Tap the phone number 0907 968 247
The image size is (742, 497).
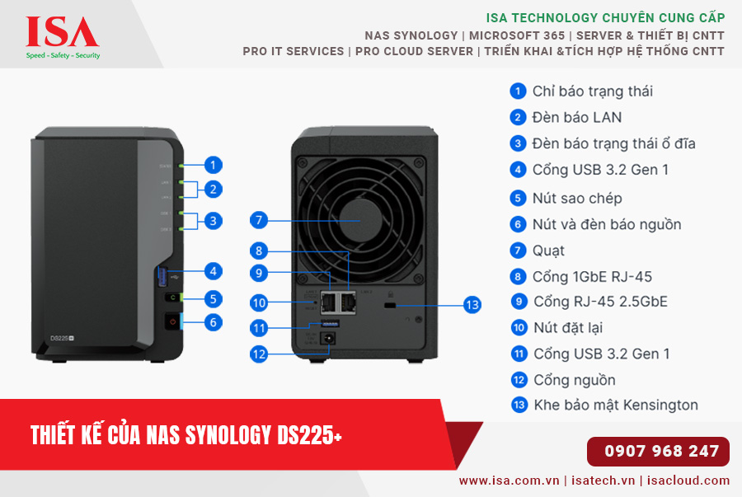coord(661,452)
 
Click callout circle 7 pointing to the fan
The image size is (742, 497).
coord(259,220)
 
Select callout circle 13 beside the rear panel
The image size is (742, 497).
coord(472,305)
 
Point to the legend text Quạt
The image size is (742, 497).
coord(548,251)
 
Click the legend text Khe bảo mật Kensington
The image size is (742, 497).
coord(615,405)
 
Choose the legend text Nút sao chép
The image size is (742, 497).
coord(577,198)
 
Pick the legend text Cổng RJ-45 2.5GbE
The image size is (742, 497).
coord(600,302)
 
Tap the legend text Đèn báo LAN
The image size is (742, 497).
coord(577,117)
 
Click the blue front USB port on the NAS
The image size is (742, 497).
coord(162,277)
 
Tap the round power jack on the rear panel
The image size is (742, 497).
coord(331,337)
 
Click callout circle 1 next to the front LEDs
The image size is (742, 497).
coord(213,165)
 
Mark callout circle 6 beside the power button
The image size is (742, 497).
coord(213,322)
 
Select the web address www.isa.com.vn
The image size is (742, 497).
coord(510,481)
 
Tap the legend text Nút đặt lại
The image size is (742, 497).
coord(568,328)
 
